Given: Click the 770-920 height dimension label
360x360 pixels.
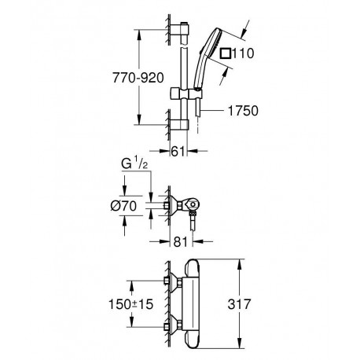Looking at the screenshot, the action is pos(138,78).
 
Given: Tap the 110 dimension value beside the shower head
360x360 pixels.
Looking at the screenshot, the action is pos(243,53).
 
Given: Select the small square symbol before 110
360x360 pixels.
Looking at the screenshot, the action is pos(226,53).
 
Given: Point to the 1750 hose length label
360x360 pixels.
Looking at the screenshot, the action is pos(243,111).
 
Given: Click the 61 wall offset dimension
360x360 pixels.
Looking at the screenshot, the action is pos(178,151).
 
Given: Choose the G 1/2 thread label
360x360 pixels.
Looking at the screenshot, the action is pos(134,164).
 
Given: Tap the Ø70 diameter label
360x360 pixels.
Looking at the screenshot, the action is pos(123,206).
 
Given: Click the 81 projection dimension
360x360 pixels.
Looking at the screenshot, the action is pos(181,242).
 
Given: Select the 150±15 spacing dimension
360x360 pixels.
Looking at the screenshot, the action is pos(130,304).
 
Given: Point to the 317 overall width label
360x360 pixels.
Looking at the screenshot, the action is pos(239,304).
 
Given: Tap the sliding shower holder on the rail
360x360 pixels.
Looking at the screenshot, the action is pos(186,94).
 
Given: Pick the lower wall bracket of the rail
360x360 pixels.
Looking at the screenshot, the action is pos(179,125).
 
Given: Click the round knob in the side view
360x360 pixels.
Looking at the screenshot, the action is pos(193,204).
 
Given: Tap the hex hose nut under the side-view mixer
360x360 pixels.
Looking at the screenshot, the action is pos(193,214).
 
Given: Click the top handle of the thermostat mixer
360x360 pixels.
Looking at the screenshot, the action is pos(193,268).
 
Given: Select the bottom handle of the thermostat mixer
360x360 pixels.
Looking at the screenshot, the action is pos(193,340).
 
